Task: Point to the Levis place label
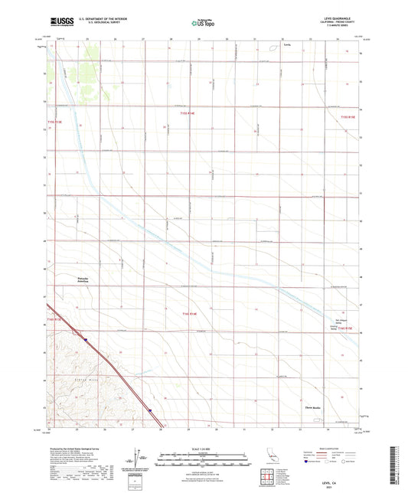tap(287, 45)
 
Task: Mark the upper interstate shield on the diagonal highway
tap(86, 340)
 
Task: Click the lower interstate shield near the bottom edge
tap(151, 410)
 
